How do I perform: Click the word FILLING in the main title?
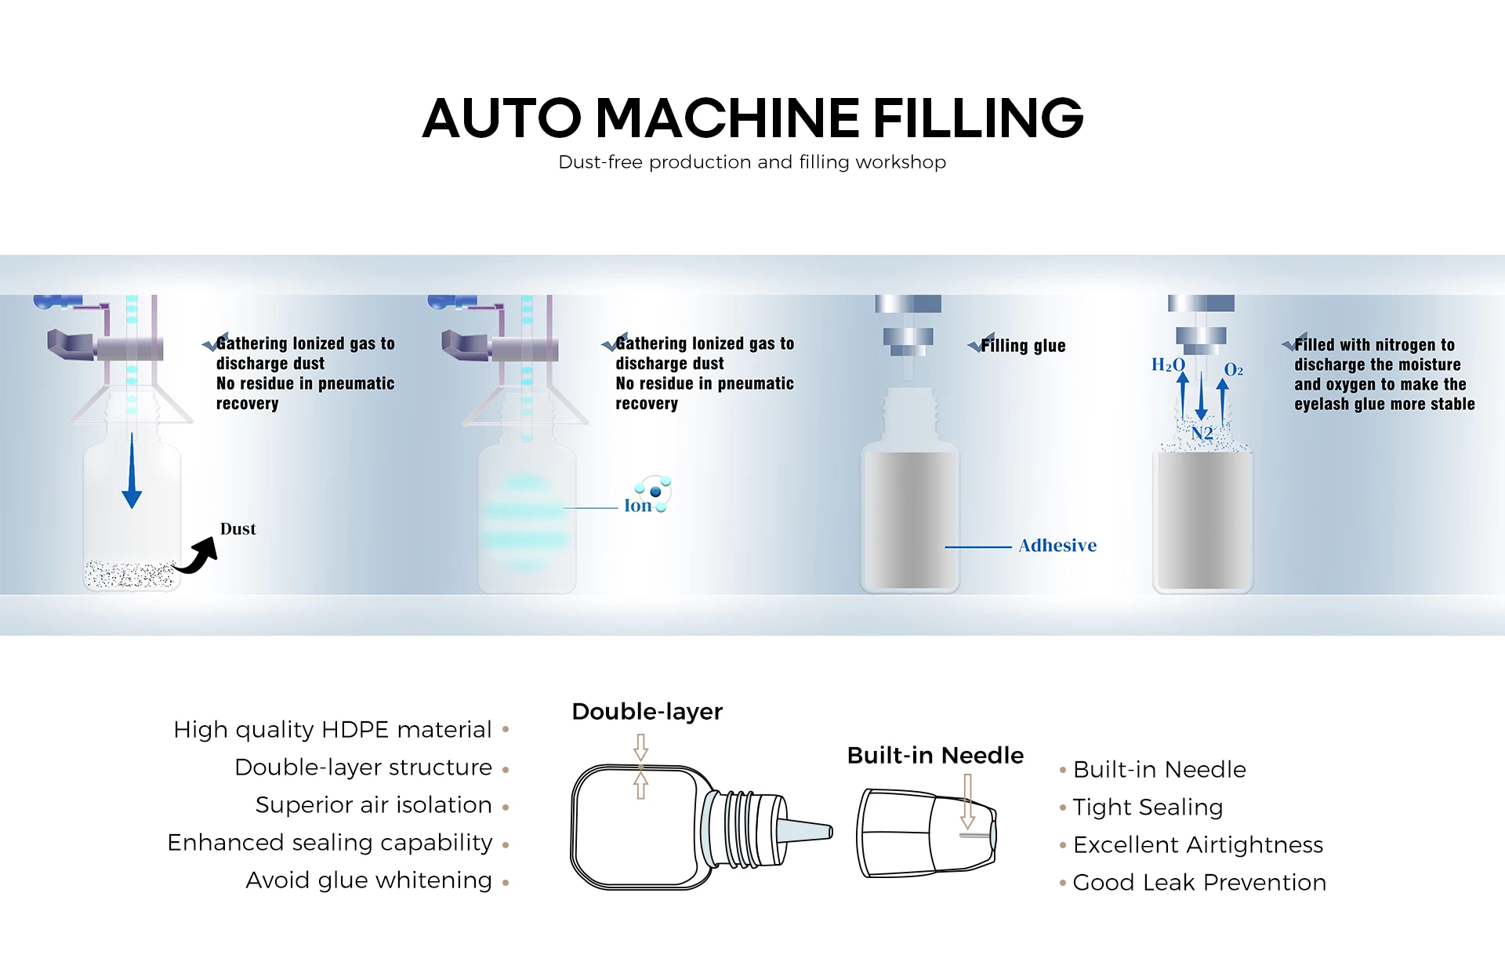pos(977,118)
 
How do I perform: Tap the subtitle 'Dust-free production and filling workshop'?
pos(752,162)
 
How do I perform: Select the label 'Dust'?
pos(238,529)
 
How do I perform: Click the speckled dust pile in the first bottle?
pos(129,575)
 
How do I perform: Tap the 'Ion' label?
pos(637,506)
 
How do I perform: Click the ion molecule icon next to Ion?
pos(655,492)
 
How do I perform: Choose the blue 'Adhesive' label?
pos(1057,546)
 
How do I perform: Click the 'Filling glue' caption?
pos(1022,346)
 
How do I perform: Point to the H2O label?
pos(1167,365)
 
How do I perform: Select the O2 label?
pos(1233,369)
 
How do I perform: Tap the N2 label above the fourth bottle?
pos(1202,434)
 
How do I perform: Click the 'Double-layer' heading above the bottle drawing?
pos(647,712)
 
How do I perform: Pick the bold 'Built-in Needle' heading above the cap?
pos(935,756)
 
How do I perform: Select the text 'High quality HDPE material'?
pos(332,730)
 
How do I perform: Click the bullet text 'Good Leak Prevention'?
pos(1199,883)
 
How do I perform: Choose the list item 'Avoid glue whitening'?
pos(368,880)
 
